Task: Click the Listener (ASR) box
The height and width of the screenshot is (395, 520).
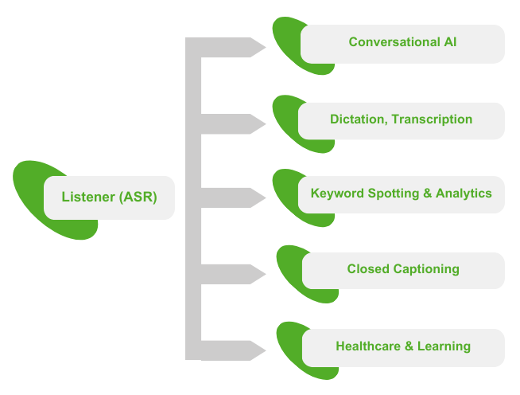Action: (x=109, y=197)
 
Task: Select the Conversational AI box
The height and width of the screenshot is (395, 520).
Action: (x=402, y=43)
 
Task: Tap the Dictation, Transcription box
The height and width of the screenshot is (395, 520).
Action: (x=401, y=120)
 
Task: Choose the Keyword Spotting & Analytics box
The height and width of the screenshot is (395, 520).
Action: (x=401, y=194)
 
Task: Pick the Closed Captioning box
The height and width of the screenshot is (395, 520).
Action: (x=403, y=270)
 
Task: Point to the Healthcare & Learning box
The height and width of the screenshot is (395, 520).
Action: (x=403, y=347)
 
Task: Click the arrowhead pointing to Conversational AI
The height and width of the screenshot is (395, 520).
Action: (x=255, y=47)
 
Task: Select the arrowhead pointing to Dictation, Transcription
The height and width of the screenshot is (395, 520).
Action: (x=255, y=124)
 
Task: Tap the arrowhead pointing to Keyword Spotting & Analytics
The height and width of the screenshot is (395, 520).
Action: (x=255, y=197)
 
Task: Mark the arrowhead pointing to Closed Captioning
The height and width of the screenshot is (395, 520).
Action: (x=255, y=274)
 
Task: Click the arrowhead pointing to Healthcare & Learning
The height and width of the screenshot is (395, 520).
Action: (x=255, y=350)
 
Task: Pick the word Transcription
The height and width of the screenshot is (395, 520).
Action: (x=433, y=119)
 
